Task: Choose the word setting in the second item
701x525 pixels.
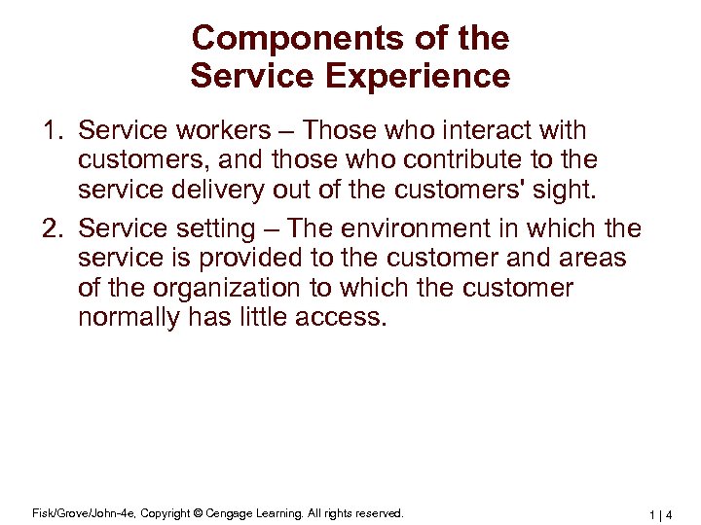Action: pyautogui.click(x=219, y=228)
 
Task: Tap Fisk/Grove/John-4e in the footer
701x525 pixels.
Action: pyautogui.click(x=67, y=513)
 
